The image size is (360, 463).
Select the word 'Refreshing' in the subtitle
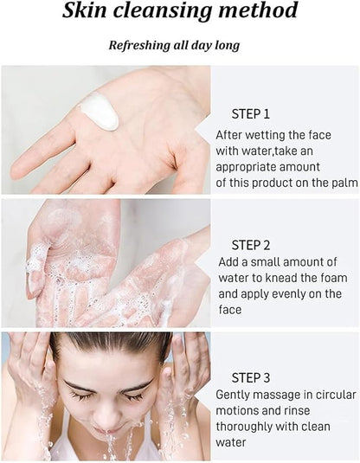[x=139, y=46]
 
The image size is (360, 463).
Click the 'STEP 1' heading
[x=250, y=114]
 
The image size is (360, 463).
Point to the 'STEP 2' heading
[x=250, y=246]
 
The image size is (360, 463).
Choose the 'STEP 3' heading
[x=250, y=378]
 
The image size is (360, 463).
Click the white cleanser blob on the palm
[x=100, y=112]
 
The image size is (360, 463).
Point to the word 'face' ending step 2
[x=230, y=310]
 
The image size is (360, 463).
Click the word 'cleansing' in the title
[x=163, y=11]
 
